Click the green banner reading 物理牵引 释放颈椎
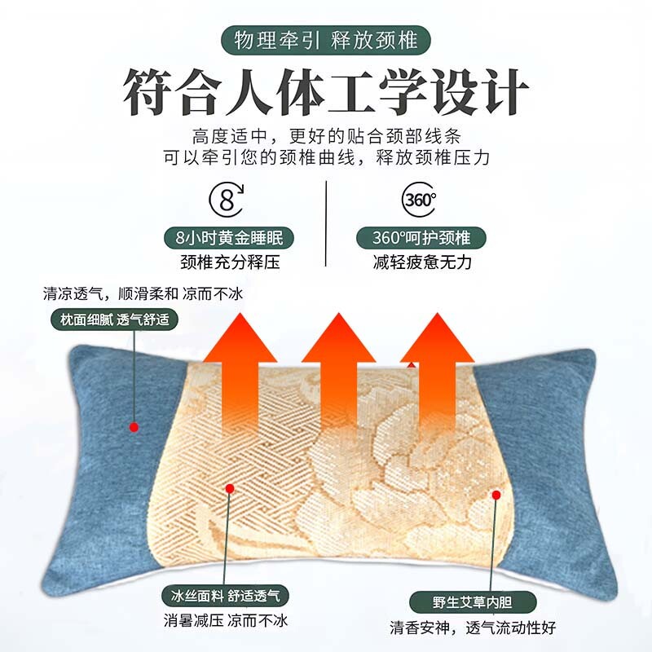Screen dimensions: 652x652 [x=325, y=40]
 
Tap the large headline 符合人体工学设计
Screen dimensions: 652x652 [x=325, y=92]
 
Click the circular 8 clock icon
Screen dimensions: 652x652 [x=227, y=200]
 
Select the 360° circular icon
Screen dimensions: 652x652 [x=419, y=200]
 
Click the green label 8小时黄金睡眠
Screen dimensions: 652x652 [x=229, y=238]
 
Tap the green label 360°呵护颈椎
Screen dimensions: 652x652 [x=421, y=238]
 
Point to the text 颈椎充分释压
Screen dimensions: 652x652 [x=230, y=262]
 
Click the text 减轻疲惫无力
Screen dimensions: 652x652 [x=422, y=262]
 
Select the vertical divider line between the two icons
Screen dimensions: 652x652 [x=326, y=223]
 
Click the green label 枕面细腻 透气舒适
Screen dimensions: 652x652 [x=114, y=319]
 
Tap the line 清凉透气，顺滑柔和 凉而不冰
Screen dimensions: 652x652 [x=143, y=293]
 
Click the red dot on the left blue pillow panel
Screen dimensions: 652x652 [x=134, y=427]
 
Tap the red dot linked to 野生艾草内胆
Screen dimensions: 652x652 [x=496, y=495]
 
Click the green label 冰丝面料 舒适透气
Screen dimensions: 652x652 [x=226, y=596]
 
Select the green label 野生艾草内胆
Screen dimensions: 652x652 [x=473, y=602]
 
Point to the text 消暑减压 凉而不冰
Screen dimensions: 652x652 [x=226, y=620]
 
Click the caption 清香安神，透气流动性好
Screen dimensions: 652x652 [x=473, y=627]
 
